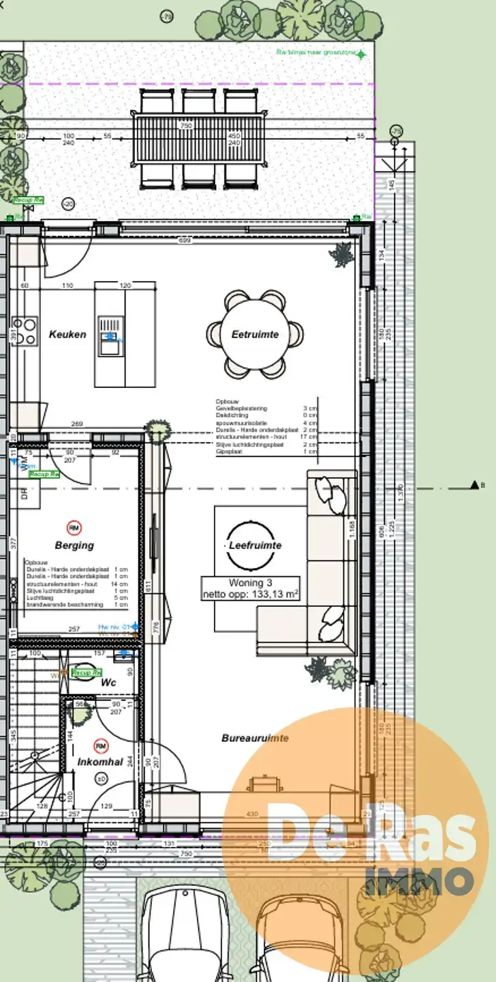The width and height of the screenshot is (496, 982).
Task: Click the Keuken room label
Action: (x=67, y=334)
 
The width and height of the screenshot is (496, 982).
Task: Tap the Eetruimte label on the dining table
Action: (x=255, y=334)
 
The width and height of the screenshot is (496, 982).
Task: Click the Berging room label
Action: (x=75, y=546)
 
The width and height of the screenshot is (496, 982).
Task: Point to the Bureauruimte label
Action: (x=255, y=738)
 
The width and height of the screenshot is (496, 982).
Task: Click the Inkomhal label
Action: (x=100, y=762)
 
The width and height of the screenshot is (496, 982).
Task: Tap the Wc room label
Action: (x=108, y=682)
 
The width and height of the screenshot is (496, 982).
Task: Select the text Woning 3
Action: (x=250, y=583)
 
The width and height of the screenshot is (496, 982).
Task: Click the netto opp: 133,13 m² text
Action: (x=250, y=595)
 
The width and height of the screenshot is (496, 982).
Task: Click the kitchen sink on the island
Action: (x=110, y=336)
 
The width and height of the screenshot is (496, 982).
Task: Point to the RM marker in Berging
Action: (x=74, y=527)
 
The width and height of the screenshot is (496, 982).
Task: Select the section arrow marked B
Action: (x=475, y=485)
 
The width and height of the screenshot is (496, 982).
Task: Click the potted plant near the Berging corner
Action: (x=158, y=430)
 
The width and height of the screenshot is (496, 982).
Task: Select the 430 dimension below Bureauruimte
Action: (x=252, y=814)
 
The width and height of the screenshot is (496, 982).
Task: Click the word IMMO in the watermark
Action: (x=420, y=880)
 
